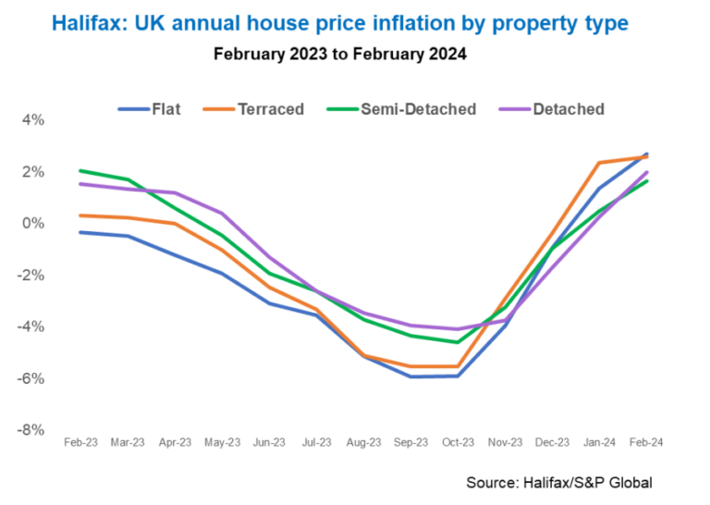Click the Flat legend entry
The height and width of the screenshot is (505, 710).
pyautogui.click(x=150, y=109)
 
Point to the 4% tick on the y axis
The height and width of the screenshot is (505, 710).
pyautogui.click(x=33, y=120)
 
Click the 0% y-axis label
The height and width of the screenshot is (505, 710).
pyautogui.click(x=33, y=223)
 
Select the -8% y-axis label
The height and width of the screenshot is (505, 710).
pyautogui.click(x=33, y=429)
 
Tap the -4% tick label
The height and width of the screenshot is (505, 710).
pyautogui.click(x=33, y=326)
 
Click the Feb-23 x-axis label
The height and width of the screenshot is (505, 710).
pyautogui.click(x=80, y=443)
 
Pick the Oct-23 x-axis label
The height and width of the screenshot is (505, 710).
pyautogui.click(x=458, y=443)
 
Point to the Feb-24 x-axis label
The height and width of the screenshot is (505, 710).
pyautogui.click(x=646, y=443)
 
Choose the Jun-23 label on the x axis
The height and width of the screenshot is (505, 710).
pyautogui.click(x=269, y=443)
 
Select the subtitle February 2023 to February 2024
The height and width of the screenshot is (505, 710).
pyautogui.click(x=339, y=54)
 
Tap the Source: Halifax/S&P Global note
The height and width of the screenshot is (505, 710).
pyautogui.click(x=558, y=483)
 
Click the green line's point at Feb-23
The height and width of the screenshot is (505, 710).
pyautogui.click(x=81, y=171)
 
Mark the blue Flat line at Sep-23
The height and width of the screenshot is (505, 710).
pyautogui.click(x=410, y=376)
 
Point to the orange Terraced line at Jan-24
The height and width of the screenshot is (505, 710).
pyautogui.click(x=599, y=163)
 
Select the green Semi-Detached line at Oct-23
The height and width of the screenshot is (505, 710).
pyautogui.click(x=458, y=342)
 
